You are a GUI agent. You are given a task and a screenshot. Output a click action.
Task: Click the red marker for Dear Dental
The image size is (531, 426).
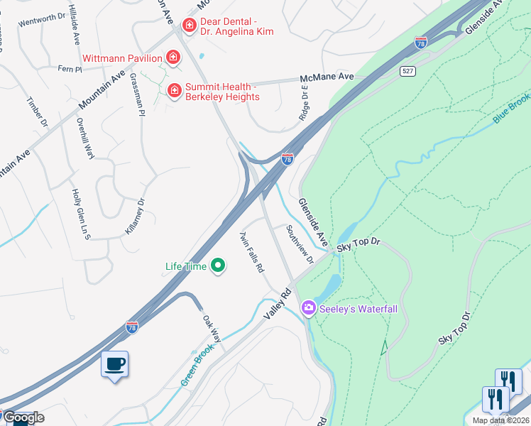[189, 26]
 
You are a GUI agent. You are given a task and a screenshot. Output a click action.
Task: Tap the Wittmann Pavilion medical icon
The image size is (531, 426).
[173, 57]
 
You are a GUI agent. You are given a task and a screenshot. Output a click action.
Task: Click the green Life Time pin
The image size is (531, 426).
[218, 266]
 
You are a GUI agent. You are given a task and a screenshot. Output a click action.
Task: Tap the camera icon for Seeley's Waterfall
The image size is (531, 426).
[308, 308]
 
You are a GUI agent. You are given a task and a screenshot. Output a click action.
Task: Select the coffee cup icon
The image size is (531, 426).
[115, 364]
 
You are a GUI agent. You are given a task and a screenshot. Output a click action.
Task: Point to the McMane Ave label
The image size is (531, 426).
[327, 77]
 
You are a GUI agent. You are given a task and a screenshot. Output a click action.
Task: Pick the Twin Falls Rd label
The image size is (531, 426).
[251, 253]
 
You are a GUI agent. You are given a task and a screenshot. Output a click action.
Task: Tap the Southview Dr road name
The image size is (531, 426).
[299, 244]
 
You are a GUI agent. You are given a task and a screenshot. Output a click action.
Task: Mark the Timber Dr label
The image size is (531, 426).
[37, 113]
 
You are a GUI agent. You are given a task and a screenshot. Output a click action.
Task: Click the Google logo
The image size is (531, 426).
[23, 417]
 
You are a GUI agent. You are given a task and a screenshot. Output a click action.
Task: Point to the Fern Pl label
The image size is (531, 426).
[70, 69]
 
